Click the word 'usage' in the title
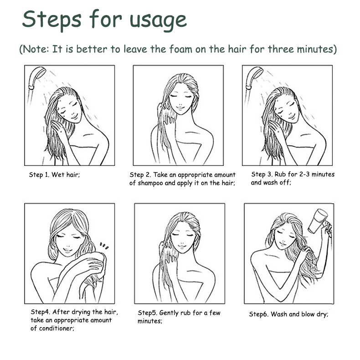click(158, 21)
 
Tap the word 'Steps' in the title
click(51, 20)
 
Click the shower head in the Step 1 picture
click(37, 77)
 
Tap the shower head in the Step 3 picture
click(254, 77)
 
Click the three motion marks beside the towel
click(104, 246)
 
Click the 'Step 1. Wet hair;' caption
click(54, 175)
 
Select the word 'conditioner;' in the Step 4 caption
click(57, 328)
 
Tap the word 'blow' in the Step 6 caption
click(308, 314)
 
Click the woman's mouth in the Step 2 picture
click(180, 108)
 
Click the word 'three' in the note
click(281, 49)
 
